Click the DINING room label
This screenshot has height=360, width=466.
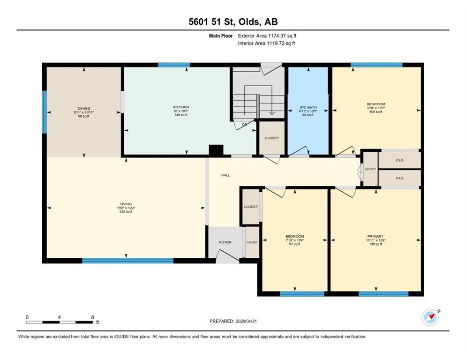click(83, 108)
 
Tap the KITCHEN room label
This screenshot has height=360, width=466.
click(181, 107)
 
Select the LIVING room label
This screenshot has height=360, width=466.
click(126, 204)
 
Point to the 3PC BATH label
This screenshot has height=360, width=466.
click(308, 107)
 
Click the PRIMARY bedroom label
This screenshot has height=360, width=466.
click(376, 236)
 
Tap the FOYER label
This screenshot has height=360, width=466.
click(225, 242)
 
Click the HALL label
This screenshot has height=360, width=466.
click(225, 175)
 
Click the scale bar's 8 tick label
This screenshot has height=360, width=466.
click(93, 317)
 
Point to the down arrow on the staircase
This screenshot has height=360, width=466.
click(271, 112)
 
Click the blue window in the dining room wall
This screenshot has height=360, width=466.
click(44, 112)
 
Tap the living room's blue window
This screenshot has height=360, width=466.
click(128, 261)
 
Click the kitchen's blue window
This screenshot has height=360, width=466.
click(174, 65)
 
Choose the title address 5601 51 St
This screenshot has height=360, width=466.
click(212, 22)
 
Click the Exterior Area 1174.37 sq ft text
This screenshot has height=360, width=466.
click(267, 36)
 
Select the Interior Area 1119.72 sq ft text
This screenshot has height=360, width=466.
click(267, 43)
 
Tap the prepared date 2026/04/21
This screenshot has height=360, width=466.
click(246, 321)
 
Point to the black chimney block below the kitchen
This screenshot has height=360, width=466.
click(216, 150)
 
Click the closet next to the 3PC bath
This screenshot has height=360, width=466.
click(271, 138)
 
